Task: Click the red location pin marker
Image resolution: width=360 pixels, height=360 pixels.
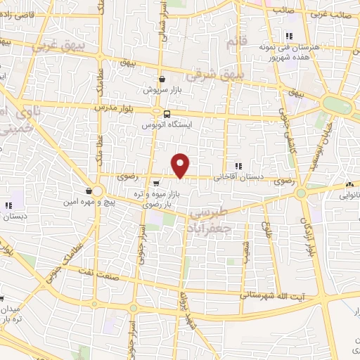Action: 181,165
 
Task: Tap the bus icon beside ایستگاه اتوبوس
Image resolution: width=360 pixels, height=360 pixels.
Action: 167,114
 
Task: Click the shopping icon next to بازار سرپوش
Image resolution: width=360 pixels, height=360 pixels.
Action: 163,79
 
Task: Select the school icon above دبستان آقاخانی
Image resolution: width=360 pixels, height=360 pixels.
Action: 238,166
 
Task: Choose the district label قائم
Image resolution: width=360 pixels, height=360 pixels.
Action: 233,43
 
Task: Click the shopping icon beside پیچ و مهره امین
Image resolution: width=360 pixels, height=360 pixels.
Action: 89,191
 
